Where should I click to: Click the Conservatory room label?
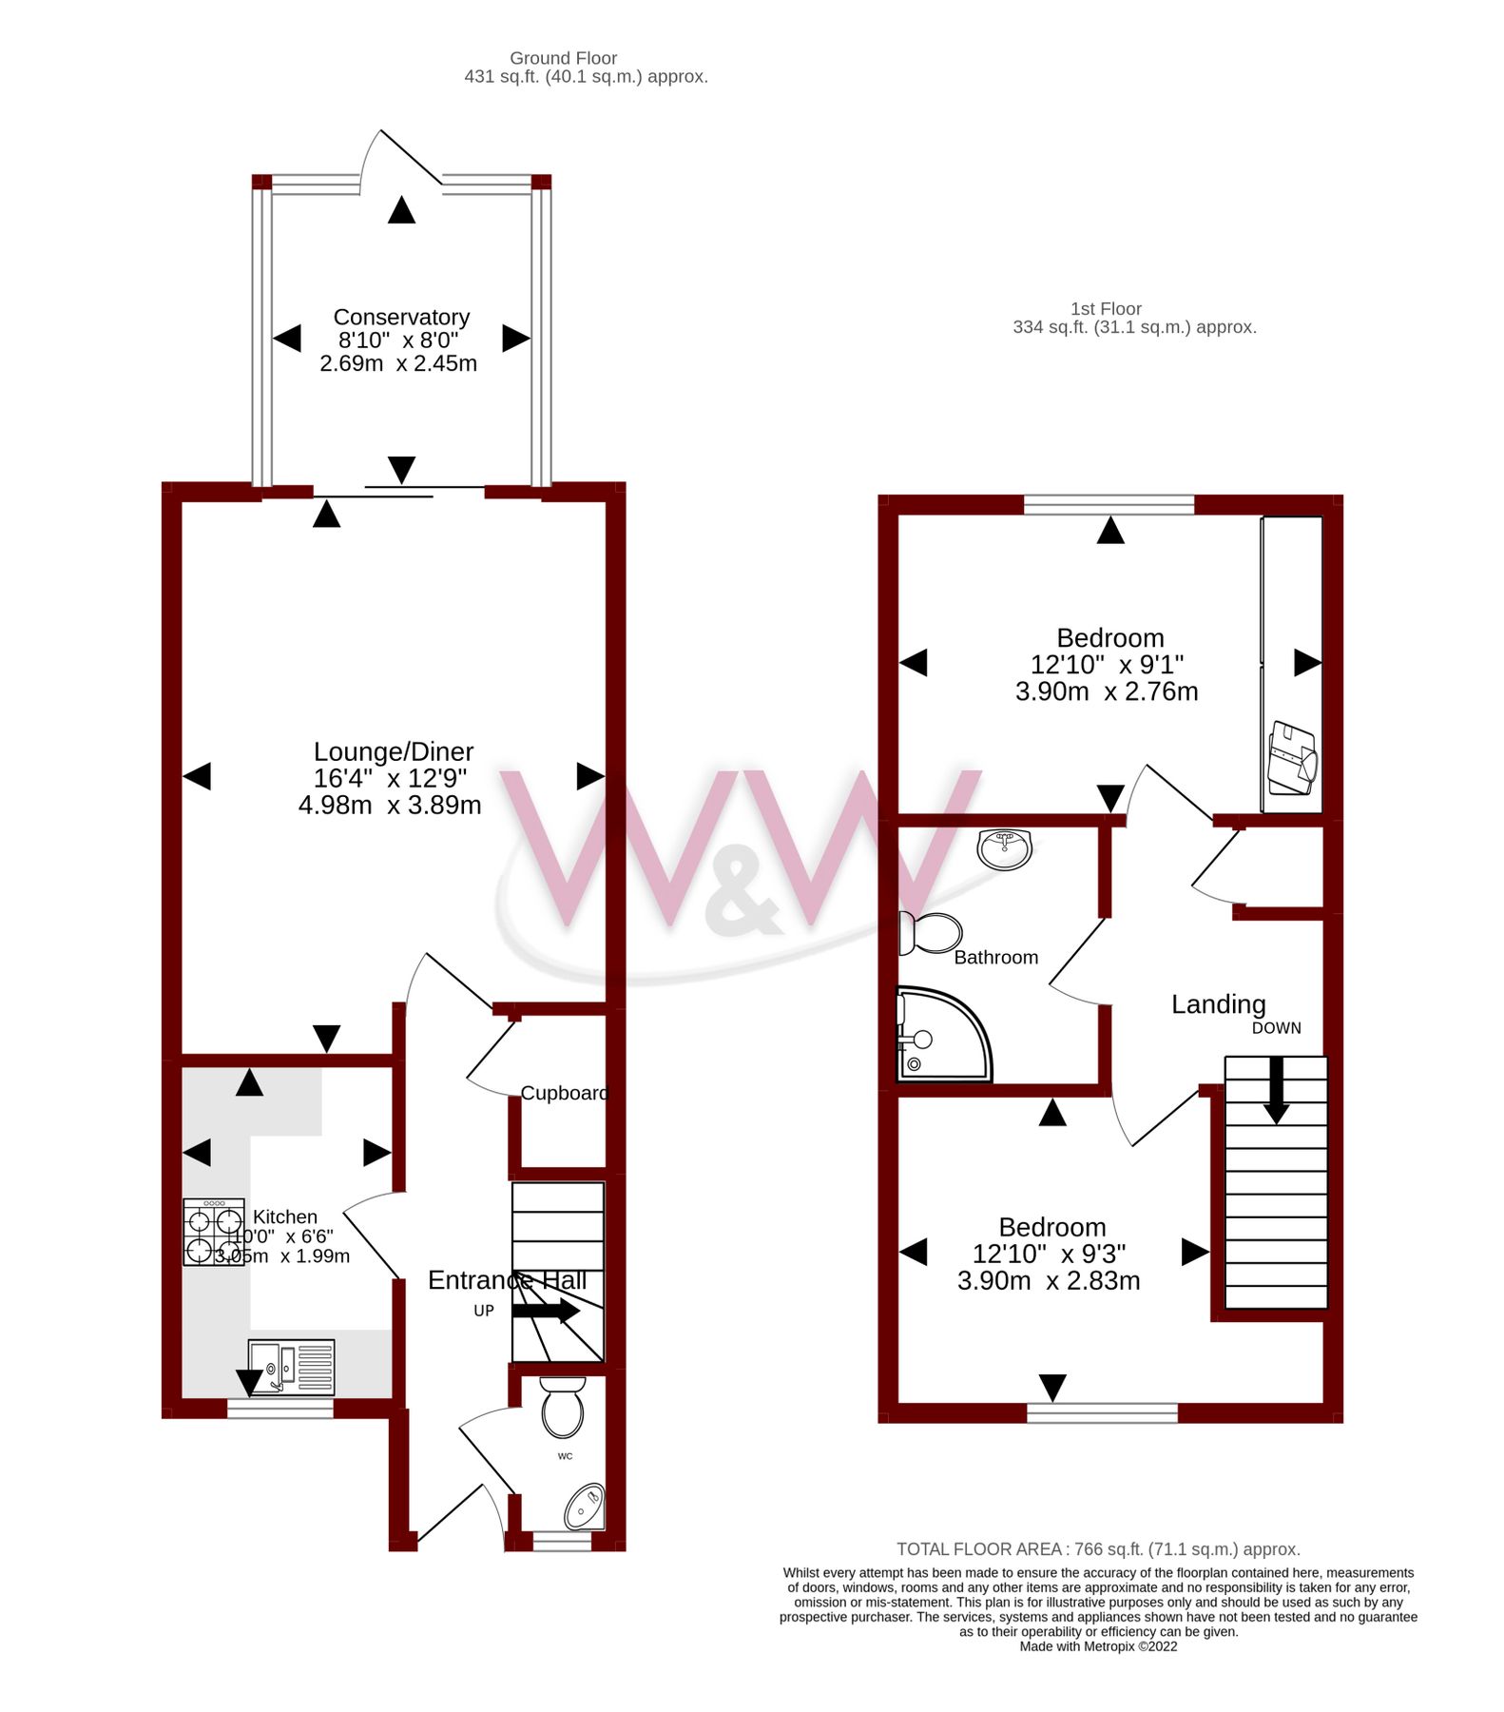click(401, 317)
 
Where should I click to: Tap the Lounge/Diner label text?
click(394, 751)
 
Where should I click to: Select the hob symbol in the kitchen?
click(214, 1233)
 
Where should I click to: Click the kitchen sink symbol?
click(291, 1368)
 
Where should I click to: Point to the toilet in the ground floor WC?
click(563, 1408)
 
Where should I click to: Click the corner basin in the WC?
click(585, 1507)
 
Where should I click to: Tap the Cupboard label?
click(564, 1093)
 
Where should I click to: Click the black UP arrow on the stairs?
click(546, 1311)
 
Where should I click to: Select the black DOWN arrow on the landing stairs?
click(1276, 1090)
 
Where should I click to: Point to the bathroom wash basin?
click(1004, 848)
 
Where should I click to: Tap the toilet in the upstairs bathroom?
click(931, 934)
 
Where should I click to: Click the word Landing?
click(1218, 1004)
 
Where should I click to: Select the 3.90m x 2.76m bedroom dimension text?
click(1106, 691)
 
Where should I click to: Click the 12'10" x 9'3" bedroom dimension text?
click(1049, 1254)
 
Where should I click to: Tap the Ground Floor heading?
click(563, 58)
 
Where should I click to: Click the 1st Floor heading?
click(1106, 309)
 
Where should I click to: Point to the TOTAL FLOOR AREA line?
click(1098, 1549)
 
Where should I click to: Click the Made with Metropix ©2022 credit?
click(1098, 1646)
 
